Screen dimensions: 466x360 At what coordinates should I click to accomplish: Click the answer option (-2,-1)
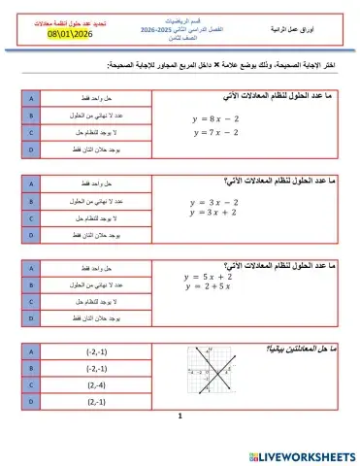pyautogui.click(x=97, y=350)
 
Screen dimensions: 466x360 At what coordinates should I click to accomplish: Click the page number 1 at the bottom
pyautogui.click(x=180, y=442)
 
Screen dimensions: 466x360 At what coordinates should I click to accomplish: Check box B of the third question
pyautogui.click(x=32, y=284)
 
